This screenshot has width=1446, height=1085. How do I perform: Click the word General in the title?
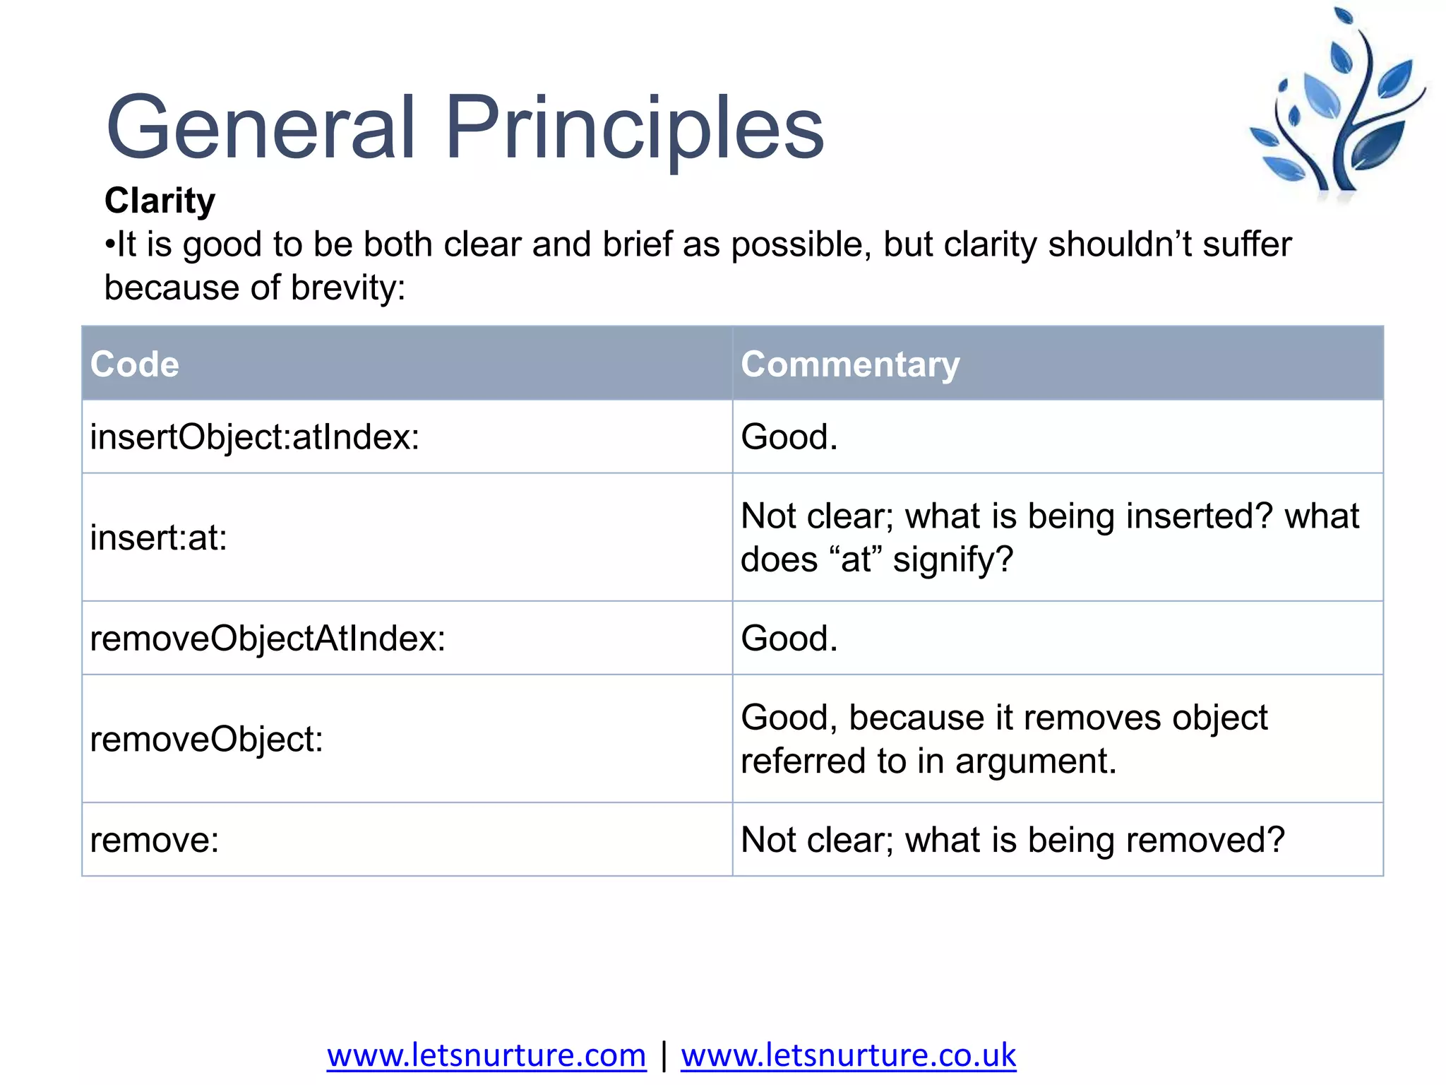pos(261,129)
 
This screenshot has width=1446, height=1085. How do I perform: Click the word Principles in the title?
pos(633,129)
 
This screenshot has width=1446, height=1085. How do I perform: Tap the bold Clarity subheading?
pos(160,201)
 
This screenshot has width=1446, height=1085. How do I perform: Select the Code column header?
pos(134,364)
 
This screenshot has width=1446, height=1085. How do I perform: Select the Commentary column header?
pos(850,364)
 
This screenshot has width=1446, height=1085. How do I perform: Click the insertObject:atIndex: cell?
pos(255,437)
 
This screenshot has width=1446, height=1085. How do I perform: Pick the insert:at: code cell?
pos(159,538)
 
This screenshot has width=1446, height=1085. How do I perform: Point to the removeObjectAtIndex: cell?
pos(268,639)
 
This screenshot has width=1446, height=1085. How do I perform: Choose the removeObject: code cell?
pos(206,740)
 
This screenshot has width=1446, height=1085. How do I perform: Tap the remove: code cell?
pos(155,841)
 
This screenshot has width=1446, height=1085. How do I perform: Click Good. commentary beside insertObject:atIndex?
pos(789,437)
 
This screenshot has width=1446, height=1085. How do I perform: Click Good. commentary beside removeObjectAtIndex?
pos(789,639)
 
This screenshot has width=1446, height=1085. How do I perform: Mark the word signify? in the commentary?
pos(952,559)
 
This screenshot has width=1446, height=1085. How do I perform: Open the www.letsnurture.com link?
pos(486,1055)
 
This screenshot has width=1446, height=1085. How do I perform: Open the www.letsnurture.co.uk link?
pos(848,1055)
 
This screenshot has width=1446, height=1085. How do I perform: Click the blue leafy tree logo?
pos(1337,106)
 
